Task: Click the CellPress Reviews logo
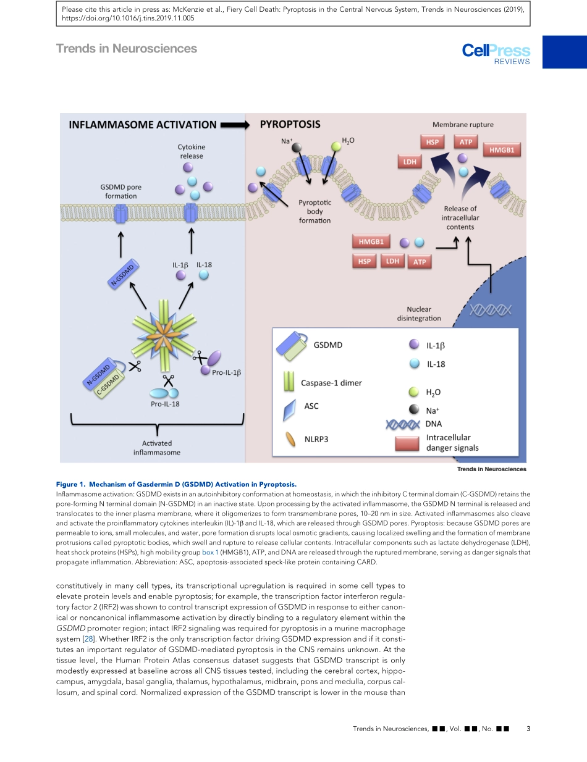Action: [x=496, y=53]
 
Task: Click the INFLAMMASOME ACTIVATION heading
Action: [x=143, y=125]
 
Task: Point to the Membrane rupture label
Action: [x=463, y=125]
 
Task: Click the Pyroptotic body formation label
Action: [x=315, y=211]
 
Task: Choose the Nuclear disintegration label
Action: [x=418, y=314]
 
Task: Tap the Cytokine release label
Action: [x=192, y=151]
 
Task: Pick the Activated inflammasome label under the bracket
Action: [x=157, y=448]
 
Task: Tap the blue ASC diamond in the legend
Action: [x=289, y=411]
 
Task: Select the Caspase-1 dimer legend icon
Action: [x=289, y=382]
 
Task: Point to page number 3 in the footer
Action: [x=528, y=729]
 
